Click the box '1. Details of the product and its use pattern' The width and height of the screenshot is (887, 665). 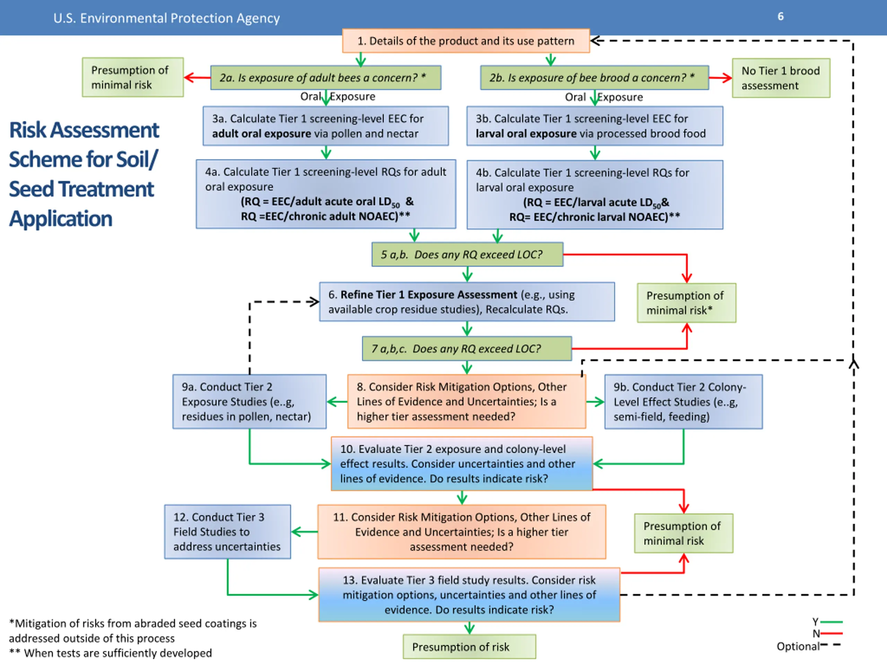point(466,41)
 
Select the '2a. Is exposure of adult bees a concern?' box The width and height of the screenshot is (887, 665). point(326,78)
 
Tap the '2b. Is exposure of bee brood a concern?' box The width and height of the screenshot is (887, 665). point(595,78)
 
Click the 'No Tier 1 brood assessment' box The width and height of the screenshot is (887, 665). point(781,78)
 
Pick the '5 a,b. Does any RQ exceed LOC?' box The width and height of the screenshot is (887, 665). point(467,255)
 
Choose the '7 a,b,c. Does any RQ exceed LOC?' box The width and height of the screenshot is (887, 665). point(467,349)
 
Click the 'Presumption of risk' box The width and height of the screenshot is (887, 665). point(469,647)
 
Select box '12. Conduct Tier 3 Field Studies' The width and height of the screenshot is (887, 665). point(227,532)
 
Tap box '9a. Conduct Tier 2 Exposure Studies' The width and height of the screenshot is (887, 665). point(249,402)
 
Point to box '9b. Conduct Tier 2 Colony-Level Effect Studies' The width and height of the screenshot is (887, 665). point(684,402)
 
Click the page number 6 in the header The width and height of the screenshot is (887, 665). point(781,16)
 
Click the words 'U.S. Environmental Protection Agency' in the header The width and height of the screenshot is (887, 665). point(166,18)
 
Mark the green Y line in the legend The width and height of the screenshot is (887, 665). point(831,622)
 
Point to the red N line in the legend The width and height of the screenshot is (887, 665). point(831,633)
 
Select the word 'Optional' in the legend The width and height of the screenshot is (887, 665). point(798,647)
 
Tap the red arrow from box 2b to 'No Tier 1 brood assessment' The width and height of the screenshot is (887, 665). point(721,78)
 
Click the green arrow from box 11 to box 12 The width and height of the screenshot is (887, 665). point(304,532)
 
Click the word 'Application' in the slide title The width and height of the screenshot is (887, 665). point(61,219)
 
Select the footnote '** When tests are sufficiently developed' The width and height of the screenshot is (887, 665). point(110,653)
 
